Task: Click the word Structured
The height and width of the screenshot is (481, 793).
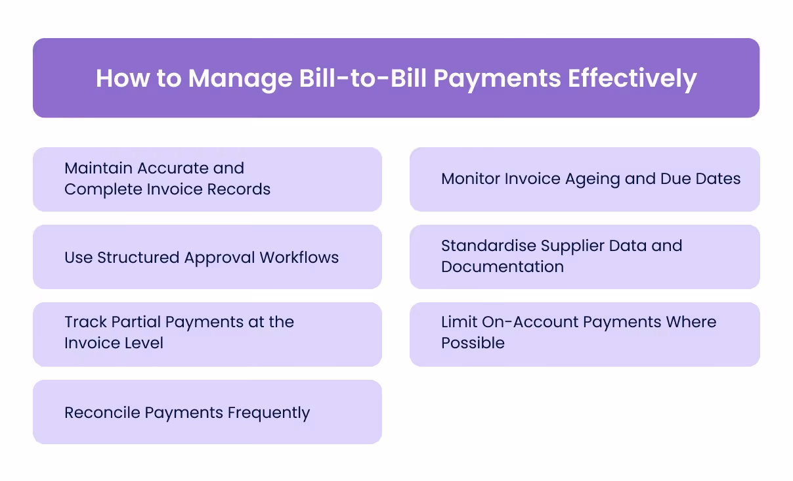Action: tap(139, 258)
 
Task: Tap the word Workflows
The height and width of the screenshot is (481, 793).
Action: tap(299, 258)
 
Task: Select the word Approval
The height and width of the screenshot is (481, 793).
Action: tap(220, 258)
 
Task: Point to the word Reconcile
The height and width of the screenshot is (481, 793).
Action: tap(102, 413)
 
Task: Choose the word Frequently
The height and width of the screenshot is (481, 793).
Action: tap(268, 413)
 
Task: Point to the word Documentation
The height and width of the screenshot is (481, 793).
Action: tap(502, 267)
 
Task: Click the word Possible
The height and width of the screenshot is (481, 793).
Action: tap(473, 343)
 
